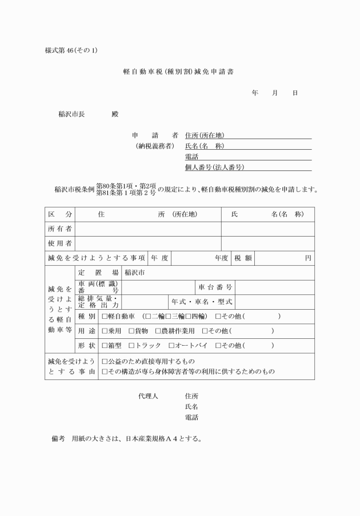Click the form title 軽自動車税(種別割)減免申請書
coord(179,73)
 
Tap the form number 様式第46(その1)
coord(71,50)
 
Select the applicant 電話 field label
coord(191,156)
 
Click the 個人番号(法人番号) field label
coord(210,167)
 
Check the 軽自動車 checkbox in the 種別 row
coord(105,316)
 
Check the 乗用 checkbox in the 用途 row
coord(105,331)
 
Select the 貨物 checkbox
coord(131,331)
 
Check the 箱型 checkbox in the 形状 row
coord(105,346)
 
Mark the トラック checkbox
coord(131,346)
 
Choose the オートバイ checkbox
coord(171,346)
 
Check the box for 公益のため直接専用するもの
coord(105,361)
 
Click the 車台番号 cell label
coord(215,286)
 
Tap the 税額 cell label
coord(242,258)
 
